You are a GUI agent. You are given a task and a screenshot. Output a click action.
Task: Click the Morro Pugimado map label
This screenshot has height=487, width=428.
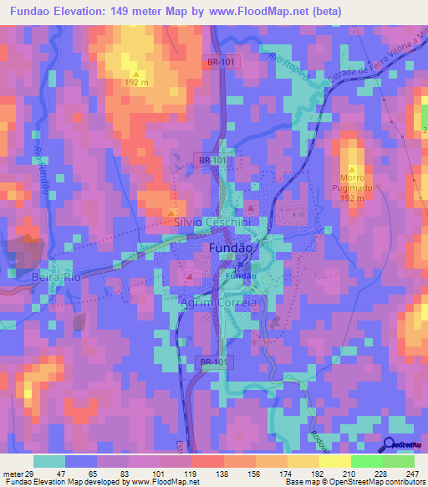[354, 194]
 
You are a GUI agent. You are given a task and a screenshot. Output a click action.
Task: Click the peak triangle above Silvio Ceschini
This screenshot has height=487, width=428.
[173, 211]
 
